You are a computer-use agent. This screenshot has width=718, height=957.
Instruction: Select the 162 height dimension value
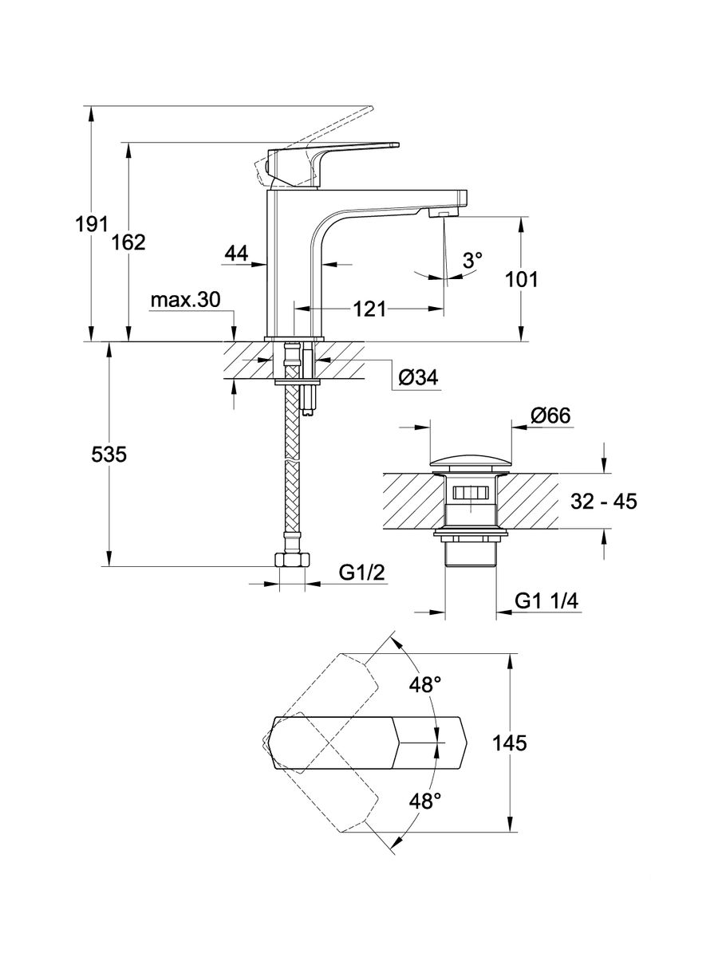point(130,242)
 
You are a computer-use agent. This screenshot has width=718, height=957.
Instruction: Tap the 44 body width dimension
point(235,254)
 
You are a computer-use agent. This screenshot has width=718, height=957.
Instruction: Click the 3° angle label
point(473,261)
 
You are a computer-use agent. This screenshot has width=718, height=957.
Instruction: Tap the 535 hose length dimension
point(109,455)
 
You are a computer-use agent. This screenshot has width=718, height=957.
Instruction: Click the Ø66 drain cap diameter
point(550,415)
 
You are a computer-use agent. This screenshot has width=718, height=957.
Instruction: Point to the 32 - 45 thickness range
point(604,502)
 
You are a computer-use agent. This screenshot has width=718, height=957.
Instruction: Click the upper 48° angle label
point(425,685)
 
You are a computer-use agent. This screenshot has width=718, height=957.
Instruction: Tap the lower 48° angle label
point(425,801)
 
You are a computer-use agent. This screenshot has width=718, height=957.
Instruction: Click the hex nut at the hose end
point(291,561)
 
